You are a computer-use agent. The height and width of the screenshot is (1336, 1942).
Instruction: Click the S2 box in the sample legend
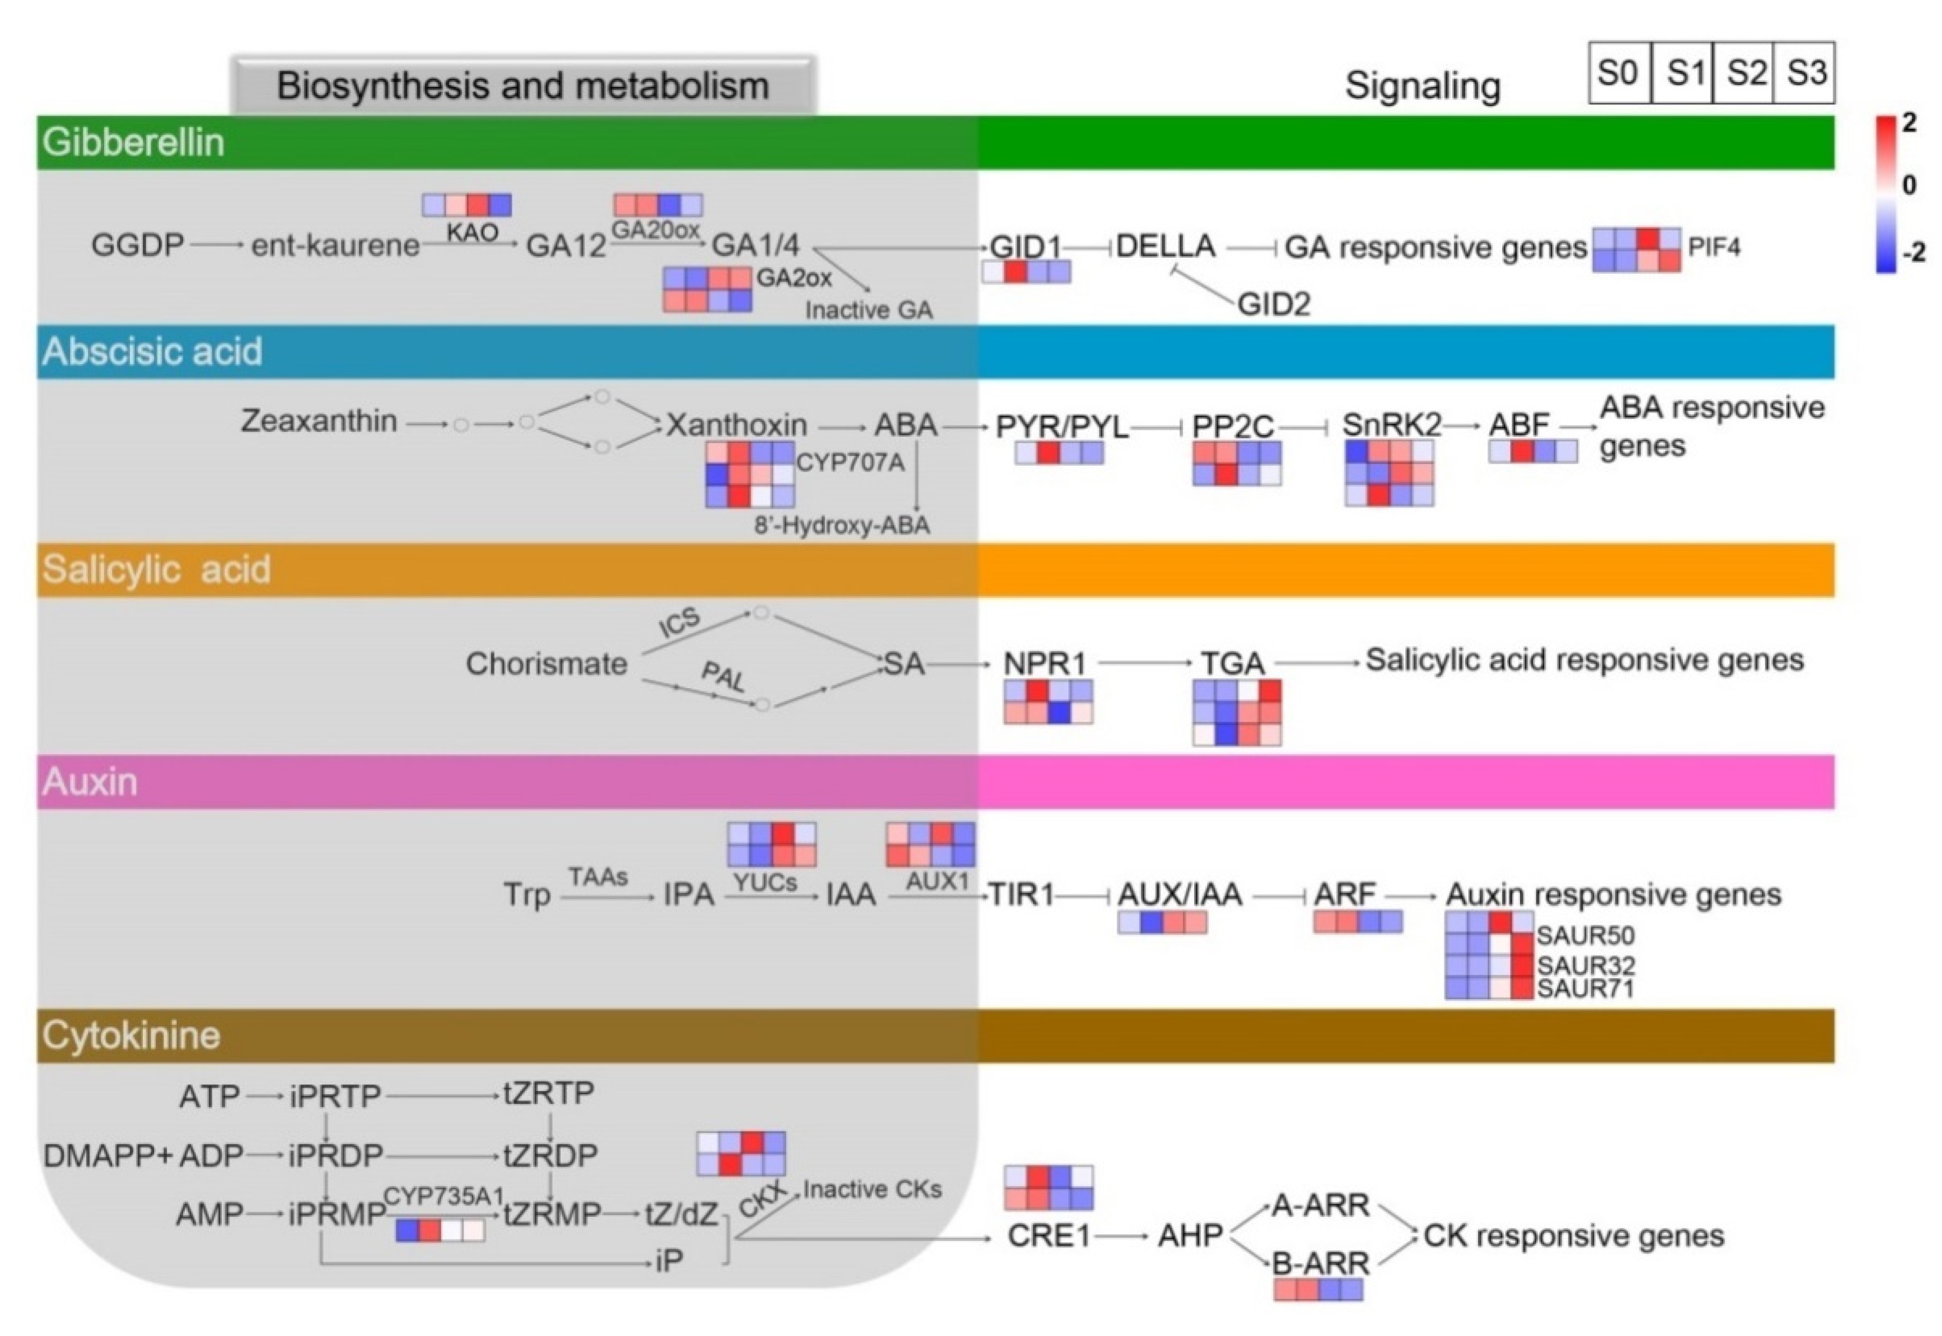tap(1744, 73)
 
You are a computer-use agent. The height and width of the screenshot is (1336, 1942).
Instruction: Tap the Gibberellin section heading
tap(134, 142)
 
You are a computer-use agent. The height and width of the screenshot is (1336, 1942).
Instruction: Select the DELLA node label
tap(1165, 246)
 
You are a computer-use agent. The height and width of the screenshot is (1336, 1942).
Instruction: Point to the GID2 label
tap(1273, 304)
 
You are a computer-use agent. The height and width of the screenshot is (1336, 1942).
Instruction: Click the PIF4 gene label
tap(1714, 247)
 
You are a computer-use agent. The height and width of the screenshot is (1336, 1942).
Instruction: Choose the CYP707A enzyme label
tap(849, 463)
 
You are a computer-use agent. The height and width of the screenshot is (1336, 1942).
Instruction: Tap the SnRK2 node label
tap(1391, 425)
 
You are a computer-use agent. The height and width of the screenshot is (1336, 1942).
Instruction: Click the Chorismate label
tap(547, 664)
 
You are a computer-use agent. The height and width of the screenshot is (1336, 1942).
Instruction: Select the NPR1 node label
tap(1045, 664)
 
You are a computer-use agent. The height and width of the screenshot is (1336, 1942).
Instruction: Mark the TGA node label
tap(1232, 664)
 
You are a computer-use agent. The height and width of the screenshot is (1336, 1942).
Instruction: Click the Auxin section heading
tap(90, 782)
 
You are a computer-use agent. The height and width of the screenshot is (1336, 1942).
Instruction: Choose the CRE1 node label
tap(1048, 1236)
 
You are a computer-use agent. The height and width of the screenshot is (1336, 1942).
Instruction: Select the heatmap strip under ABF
tap(1533, 452)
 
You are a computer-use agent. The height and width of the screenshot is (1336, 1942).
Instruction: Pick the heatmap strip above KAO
tap(466, 205)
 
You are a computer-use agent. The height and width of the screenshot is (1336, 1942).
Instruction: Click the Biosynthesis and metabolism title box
tap(523, 86)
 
